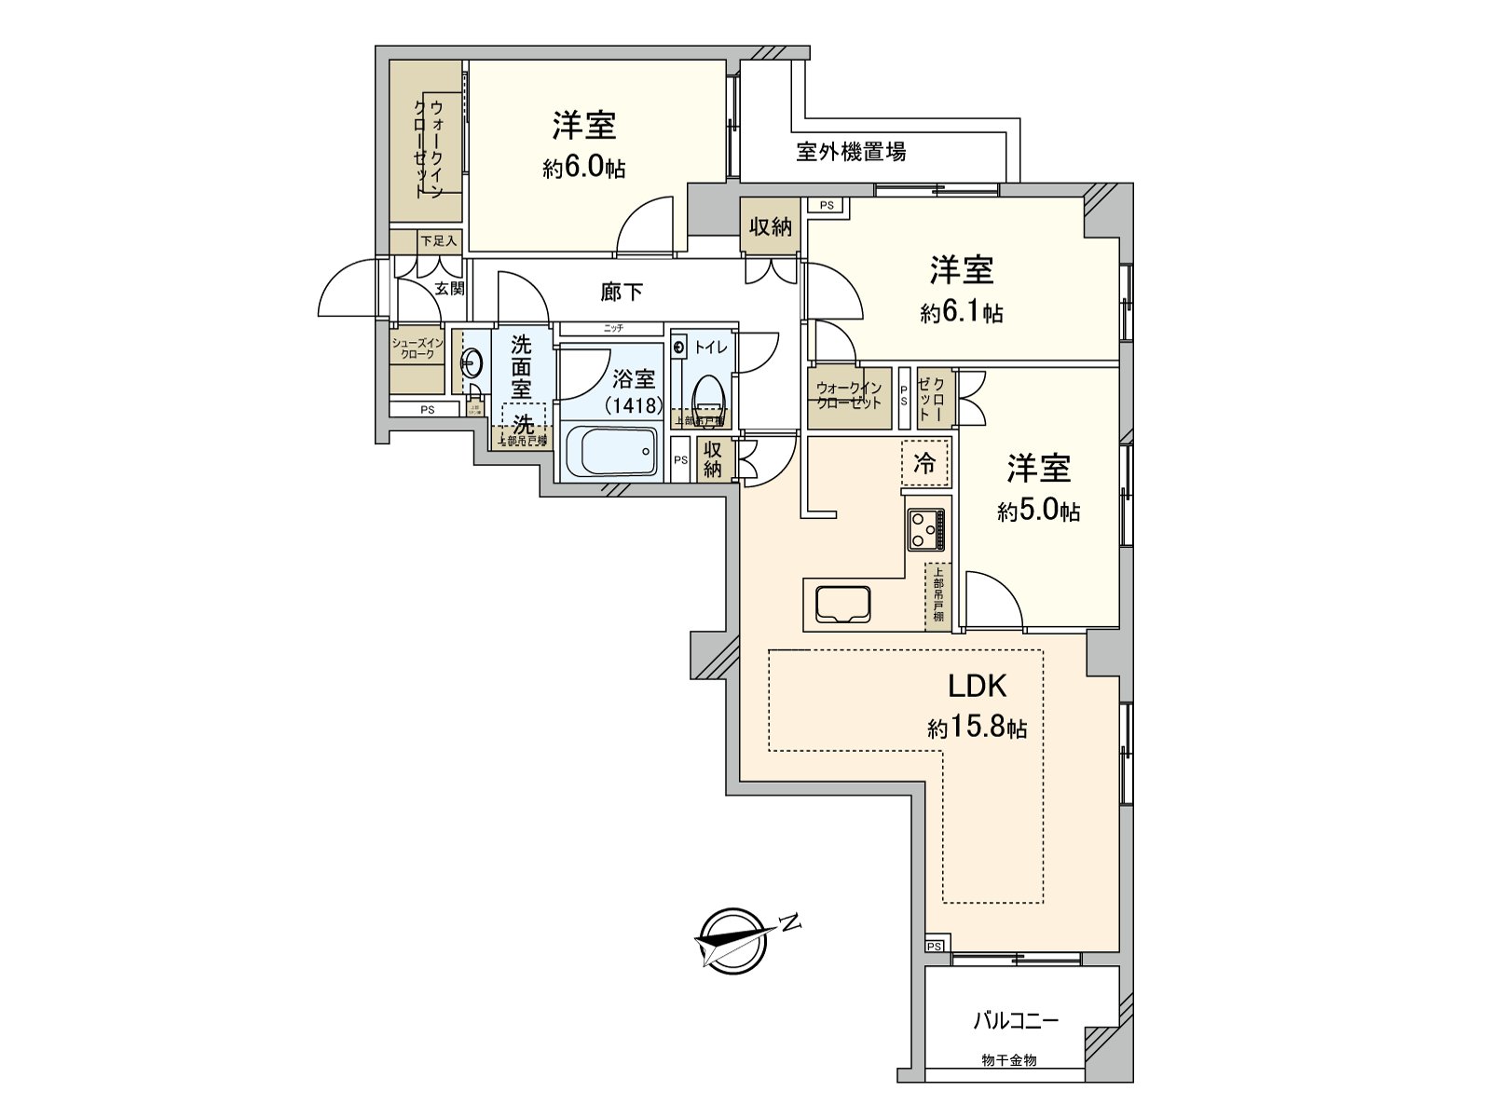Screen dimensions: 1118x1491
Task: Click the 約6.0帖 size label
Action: pos(584,169)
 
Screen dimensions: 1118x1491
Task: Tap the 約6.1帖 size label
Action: pos(962,313)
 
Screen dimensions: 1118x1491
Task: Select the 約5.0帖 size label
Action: pos(1038,511)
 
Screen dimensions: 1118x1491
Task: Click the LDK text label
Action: pos(978,686)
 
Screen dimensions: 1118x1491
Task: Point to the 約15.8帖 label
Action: pos(978,728)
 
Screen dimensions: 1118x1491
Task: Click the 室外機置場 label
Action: pos(851,152)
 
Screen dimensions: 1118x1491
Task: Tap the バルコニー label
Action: pos(1016,1021)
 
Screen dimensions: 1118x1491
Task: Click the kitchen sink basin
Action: pos(842,604)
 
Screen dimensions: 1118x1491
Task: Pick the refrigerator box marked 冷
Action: pos(925,462)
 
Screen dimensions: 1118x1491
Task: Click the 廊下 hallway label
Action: pos(622,293)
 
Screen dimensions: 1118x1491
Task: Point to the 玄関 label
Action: pos(449,289)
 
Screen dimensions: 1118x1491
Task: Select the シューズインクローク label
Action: pos(417,348)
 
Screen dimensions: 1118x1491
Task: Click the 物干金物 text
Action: pos(1009,1060)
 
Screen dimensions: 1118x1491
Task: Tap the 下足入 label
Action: pos(438,240)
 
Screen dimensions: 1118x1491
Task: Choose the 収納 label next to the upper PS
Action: pos(771,225)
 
